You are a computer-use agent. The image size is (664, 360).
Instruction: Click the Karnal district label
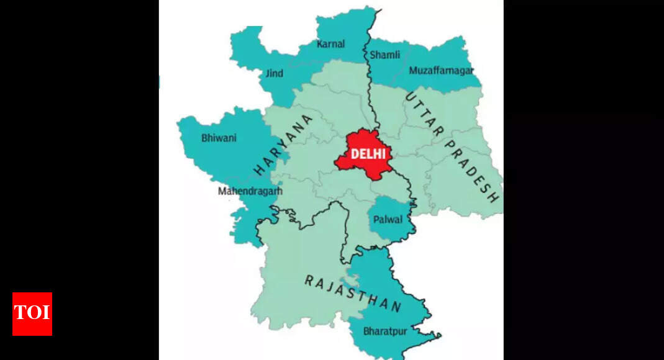click(x=330, y=44)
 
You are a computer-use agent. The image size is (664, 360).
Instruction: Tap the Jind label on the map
click(x=274, y=73)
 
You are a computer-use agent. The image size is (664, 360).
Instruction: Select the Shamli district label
click(x=384, y=55)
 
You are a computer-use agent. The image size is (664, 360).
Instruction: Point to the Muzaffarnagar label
click(x=441, y=70)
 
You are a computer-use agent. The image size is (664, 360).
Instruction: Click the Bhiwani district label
click(x=219, y=138)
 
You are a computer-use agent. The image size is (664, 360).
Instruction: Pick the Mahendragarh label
click(x=250, y=191)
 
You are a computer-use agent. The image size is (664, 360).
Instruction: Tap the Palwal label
click(x=388, y=220)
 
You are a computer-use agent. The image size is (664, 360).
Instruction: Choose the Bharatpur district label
click(x=385, y=331)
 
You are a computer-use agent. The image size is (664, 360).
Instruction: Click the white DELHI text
click(x=368, y=154)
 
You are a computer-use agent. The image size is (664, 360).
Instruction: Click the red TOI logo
click(x=32, y=313)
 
